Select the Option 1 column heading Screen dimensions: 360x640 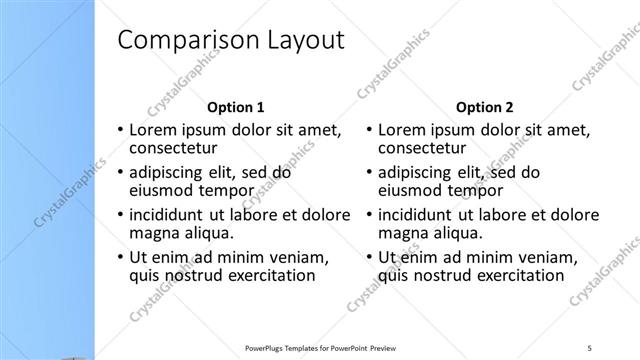pos(236,107)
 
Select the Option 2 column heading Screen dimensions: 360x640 pos(486,107)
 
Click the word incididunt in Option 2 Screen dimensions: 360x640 pos(419,215)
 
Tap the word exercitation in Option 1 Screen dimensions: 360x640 pos(264,276)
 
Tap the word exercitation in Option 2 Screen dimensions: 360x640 pos(514,276)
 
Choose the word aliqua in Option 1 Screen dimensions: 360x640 pos(207,234)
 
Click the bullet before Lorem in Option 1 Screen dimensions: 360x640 pos(121,130)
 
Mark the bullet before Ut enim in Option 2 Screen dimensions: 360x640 pos(370,257)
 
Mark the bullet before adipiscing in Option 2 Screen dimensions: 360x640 pos(370,172)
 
